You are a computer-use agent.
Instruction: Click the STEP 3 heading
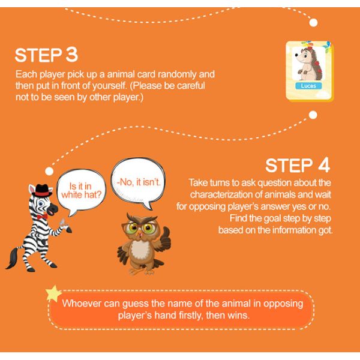[46, 55]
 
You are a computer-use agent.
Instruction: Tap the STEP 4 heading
[298, 166]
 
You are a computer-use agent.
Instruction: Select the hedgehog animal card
[310, 71]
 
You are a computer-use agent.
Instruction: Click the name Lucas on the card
[308, 86]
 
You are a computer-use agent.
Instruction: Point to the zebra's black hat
[41, 190]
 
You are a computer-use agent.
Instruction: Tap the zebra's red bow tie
[42, 216]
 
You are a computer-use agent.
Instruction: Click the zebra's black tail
[13, 257]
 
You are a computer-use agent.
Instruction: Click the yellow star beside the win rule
[53, 293]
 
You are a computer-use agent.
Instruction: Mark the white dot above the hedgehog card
[313, 23]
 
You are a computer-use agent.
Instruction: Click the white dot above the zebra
[49, 171]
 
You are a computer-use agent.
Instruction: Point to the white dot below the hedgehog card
[313, 115]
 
